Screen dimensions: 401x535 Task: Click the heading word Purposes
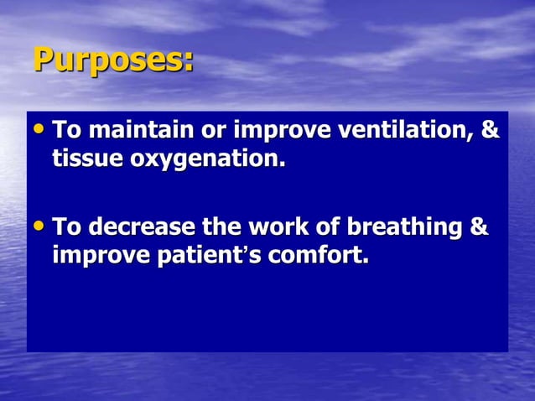point(112,61)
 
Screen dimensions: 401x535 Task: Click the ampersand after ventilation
point(491,132)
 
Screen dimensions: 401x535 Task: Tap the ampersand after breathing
point(479,227)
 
